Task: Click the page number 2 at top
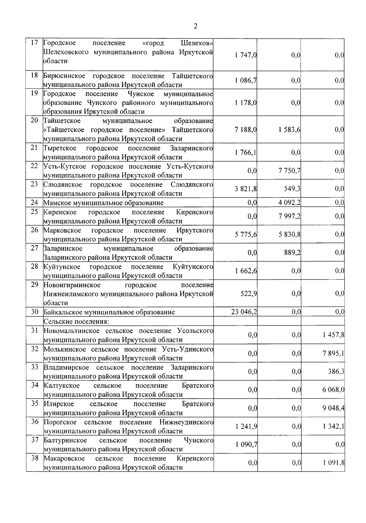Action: [x=195, y=26]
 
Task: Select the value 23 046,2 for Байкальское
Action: [x=244, y=312]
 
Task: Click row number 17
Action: [x=34, y=43]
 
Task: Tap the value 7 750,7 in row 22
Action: [x=289, y=171]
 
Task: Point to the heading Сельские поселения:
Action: [x=76, y=321]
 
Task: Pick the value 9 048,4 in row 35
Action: [x=333, y=408]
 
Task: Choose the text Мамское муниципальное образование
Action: [x=103, y=203]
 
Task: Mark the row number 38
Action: [x=34, y=458]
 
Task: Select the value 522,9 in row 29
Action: [x=249, y=294]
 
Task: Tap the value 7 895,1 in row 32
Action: [x=333, y=354]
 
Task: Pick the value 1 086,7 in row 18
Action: [x=246, y=80]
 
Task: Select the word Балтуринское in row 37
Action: [x=65, y=440]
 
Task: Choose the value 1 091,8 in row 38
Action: [x=334, y=463]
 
